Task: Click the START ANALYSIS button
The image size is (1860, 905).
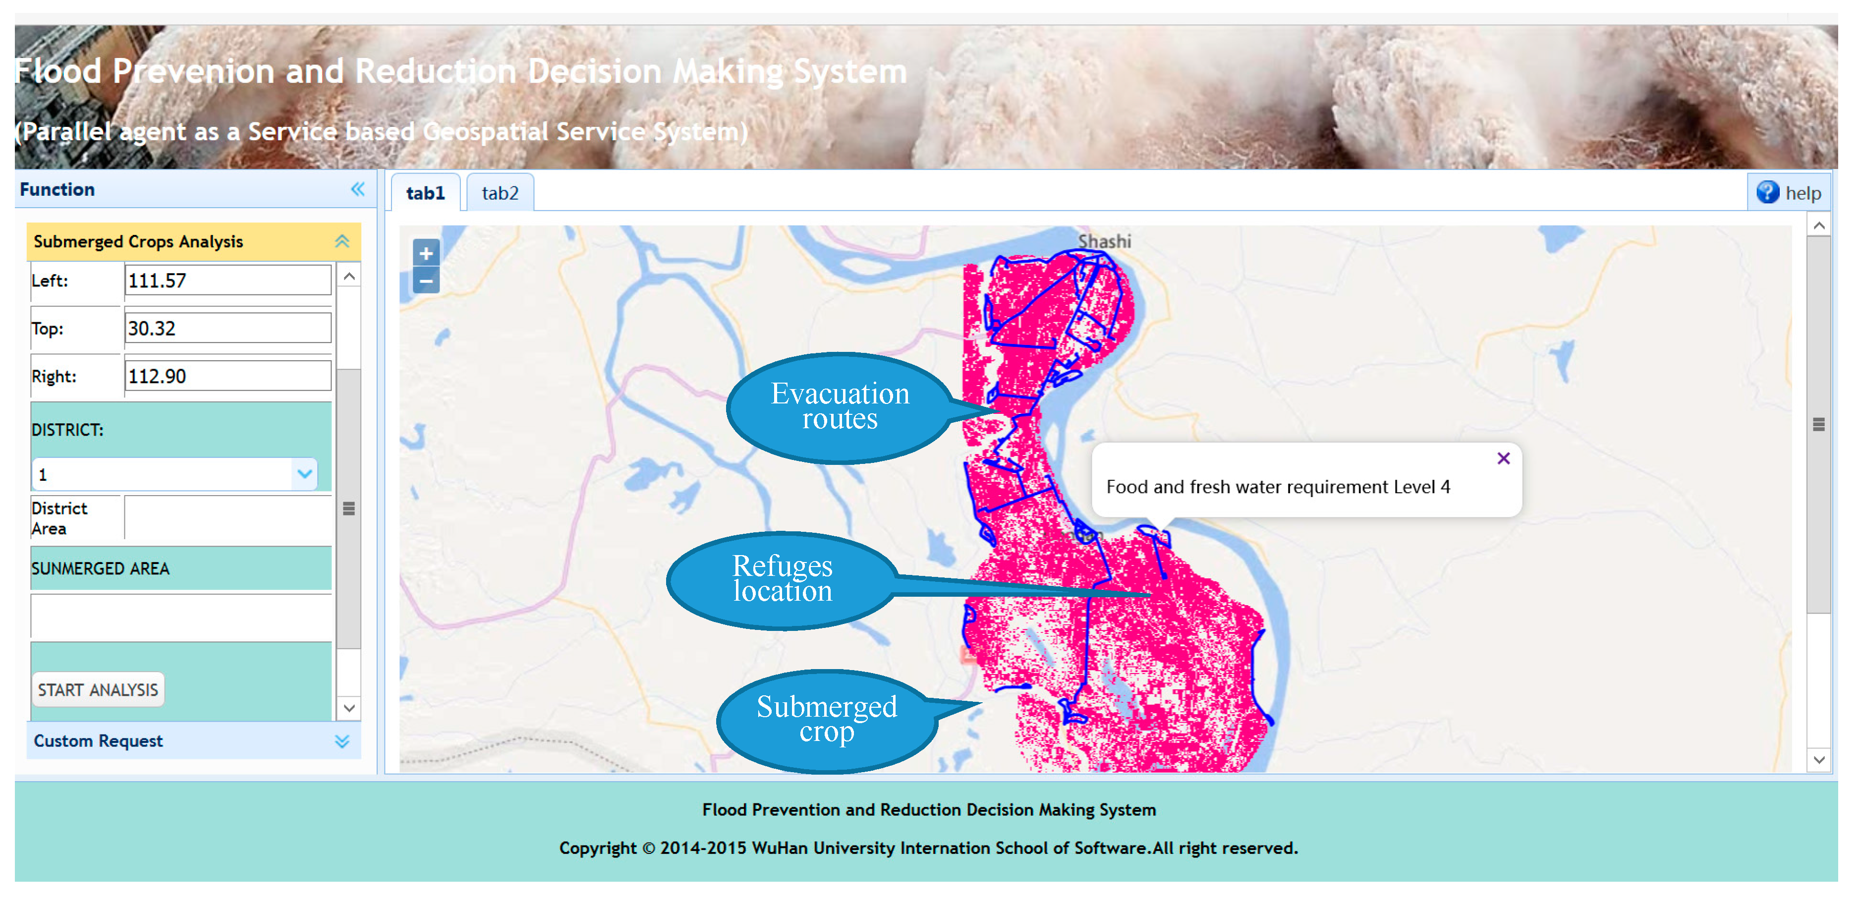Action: (98, 690)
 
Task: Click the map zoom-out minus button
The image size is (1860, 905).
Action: (426, 281)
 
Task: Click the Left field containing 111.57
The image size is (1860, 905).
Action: (227, 281)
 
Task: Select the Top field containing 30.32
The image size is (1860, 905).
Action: (227, 329)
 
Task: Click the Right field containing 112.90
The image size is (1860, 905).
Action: (227, 376)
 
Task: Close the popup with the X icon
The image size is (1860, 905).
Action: (1503, 458)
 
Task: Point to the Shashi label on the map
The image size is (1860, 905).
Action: (1104, 241)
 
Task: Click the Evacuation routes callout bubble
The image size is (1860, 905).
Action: (839, 406)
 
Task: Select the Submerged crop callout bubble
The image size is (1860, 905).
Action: (826, 719)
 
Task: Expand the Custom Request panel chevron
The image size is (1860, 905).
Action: (342, 741)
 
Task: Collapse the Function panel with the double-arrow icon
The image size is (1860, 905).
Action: (357, 189)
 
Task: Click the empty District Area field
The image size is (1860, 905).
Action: (227, 518)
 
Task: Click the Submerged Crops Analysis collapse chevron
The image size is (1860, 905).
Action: (342, 242)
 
